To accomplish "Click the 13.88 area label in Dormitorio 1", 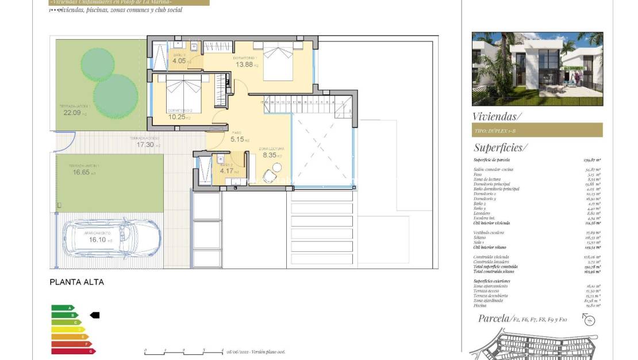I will tap(244, 64).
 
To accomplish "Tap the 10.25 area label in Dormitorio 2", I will tap(176, 117).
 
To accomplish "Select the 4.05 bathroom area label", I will tap(179, 60).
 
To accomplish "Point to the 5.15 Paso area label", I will tap(237, 139).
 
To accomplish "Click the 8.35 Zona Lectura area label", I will tap(270, 155).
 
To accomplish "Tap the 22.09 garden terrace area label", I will tap(72, 113).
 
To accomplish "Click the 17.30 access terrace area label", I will tap(145, 145).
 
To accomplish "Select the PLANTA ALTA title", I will tap(77, 282).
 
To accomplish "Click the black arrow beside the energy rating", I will tap(95, 315).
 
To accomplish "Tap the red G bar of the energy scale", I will tap(72, 351).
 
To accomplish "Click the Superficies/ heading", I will tap(499, 147).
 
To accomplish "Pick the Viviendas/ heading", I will tap(497, 116).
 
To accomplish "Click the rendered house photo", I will tap(537, 69).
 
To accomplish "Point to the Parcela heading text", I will tap(494, 318).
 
